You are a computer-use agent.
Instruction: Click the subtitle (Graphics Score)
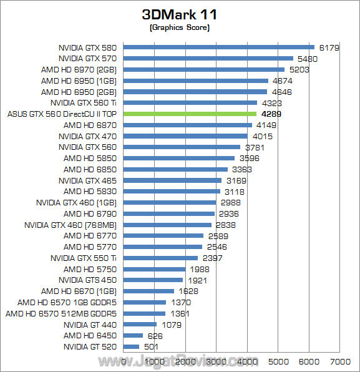[180, 28]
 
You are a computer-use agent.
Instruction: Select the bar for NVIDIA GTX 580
[219, 47]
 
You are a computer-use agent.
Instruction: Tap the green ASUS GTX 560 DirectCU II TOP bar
[190, 114]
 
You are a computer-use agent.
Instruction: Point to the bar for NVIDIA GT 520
[132, 346]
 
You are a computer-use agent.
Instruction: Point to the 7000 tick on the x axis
[339, 361]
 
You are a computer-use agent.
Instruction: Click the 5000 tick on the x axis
[278, 361]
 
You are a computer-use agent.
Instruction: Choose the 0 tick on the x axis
[124, 361]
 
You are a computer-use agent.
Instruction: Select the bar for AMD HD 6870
[188, 125]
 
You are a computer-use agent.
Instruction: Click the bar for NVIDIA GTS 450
[153, 280]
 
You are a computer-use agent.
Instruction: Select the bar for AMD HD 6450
[134, 335]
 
